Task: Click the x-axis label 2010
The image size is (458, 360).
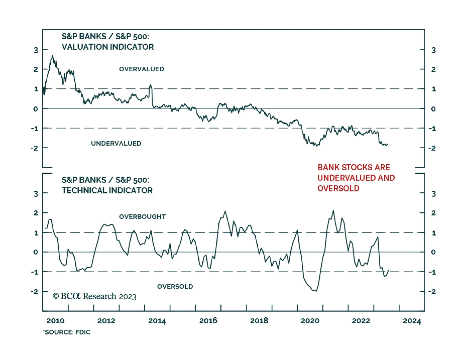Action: (55, 321)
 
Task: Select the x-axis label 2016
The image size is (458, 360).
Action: (208, 321)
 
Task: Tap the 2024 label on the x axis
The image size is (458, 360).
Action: (412, 321)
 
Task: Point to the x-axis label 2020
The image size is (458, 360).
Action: (310, 321)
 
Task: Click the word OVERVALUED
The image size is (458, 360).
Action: (141, 69)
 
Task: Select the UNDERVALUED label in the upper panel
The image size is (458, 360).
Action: (116, 143)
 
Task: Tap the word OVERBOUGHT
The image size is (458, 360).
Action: (142, 217)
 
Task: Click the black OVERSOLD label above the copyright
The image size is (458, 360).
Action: (175, 286)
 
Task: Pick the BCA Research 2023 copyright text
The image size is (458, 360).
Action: (94, 296)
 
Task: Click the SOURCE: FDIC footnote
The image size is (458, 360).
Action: (67, 332)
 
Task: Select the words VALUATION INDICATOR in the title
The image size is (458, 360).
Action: (108, 47)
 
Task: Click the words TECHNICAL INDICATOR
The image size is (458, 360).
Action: (107, 191)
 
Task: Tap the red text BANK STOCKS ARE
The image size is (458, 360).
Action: (354, 167)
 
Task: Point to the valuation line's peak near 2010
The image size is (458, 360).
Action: (52, 56)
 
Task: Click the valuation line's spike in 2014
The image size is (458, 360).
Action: (151, 85)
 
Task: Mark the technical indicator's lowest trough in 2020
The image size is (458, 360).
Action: (316, 291)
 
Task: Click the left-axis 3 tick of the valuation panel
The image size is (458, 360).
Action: (36, 50)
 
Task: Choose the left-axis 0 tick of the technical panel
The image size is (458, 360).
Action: (35, 252)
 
